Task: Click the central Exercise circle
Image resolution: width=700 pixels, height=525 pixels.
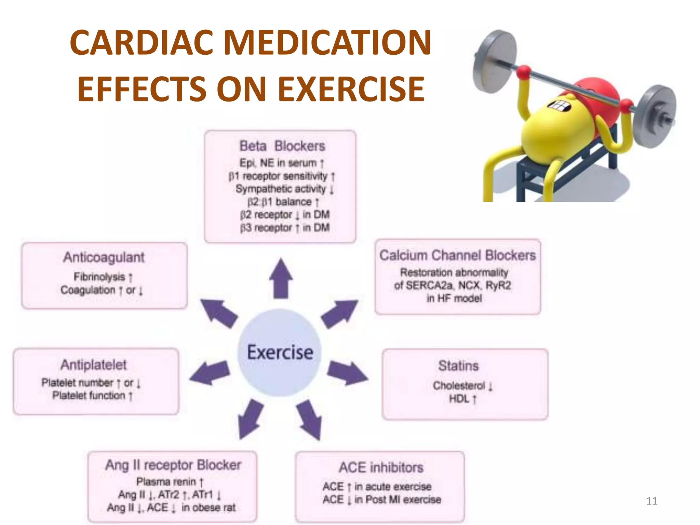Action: (280, 352)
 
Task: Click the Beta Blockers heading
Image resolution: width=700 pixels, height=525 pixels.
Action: (282, 146)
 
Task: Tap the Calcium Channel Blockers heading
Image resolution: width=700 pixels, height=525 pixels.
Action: (458, 255)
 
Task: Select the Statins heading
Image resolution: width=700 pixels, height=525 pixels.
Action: (458, 366)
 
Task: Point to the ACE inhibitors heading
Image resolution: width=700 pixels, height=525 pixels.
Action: (381, 467)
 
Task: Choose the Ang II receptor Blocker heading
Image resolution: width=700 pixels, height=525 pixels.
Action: (173, 465)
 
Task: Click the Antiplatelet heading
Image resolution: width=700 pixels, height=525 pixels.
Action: (93, 365)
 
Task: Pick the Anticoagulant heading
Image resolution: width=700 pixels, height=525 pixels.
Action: (104, 257)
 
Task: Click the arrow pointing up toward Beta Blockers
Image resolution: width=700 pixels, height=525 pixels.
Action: (281, 279)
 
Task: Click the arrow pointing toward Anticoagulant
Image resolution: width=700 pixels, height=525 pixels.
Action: (219, 313)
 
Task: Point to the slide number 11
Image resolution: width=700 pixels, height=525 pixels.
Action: (652, 501)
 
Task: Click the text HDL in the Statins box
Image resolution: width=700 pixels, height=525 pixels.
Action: (459, 399)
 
